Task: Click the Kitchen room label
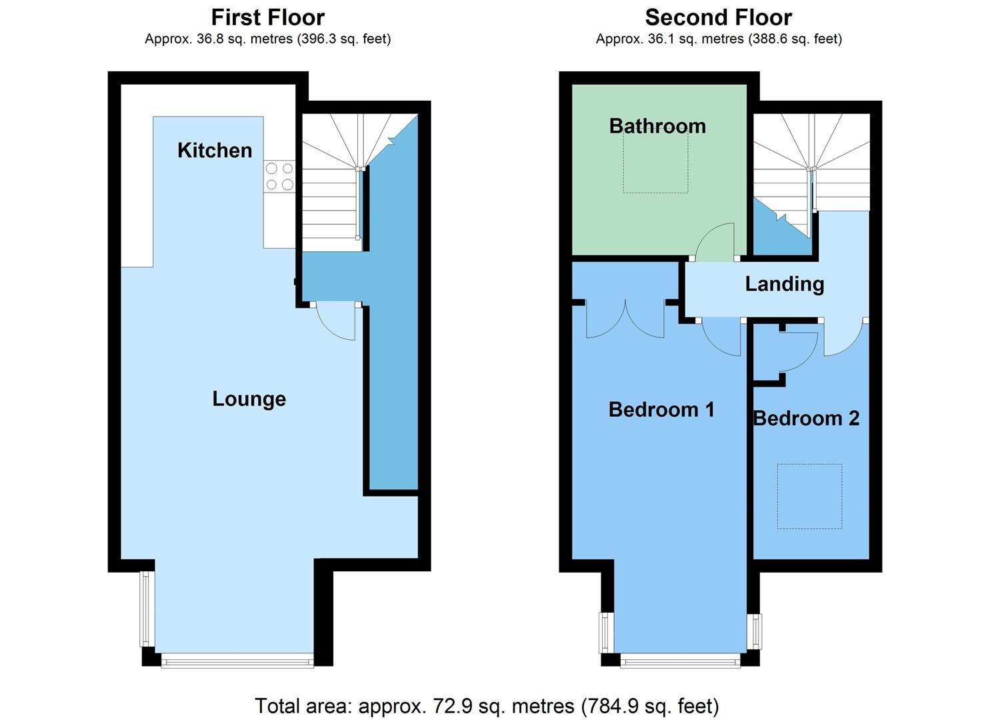point(215,150)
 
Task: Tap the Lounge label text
point(249,399)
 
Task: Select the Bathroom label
point(657,126)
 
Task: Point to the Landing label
point(785,284)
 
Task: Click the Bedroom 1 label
point(661,409)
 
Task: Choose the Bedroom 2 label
point(807,418)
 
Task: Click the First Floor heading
point(268,18)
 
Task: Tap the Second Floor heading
point(718,18)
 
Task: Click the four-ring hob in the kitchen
point(279,177)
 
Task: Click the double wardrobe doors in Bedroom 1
point(625,319)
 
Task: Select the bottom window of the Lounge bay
point(237,661)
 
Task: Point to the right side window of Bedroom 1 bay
point(755,631)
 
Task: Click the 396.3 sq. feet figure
point(344,39)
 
